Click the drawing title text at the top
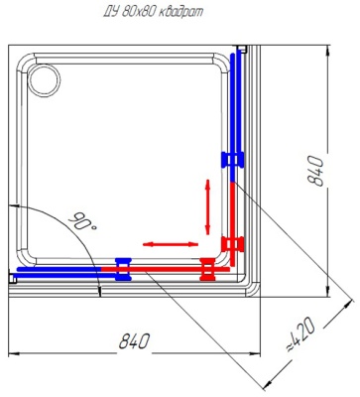[x=153, y=12]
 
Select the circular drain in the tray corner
[x=45, y=80]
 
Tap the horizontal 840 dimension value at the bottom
[x=134, y=341]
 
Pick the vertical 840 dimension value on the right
[x=314, y=171]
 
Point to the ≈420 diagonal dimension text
[x=300, y=334]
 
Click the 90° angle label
[x=83, y=221]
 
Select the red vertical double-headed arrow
[x=207, y=206]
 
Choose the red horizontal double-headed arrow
[x=171, y=244]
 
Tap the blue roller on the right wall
[x=232, y=160]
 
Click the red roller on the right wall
[x=233, y=244]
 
